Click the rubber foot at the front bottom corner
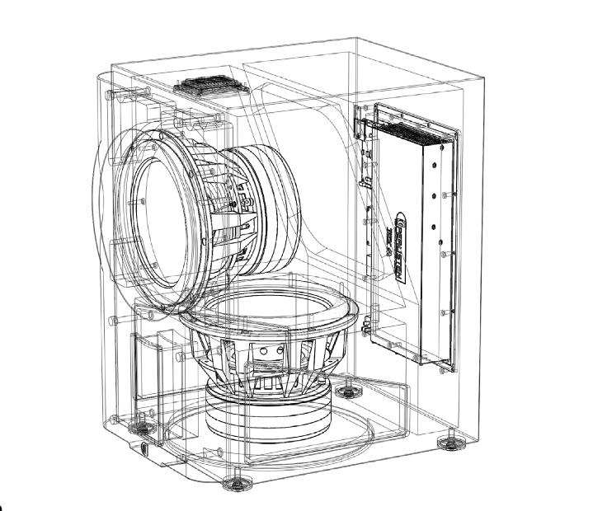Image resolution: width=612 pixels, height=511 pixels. (x=236, y=478)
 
